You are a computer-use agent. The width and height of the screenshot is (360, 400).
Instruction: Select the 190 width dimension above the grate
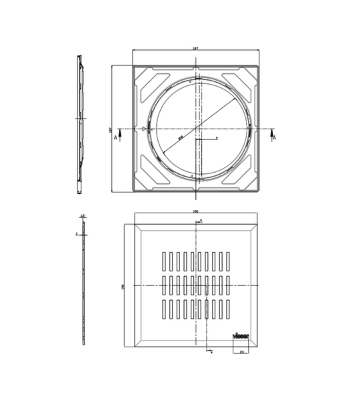[195, 212]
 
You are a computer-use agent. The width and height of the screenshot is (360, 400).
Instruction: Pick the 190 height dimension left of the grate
[122, 286]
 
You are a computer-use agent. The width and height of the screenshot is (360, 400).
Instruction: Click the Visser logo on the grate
[240, 335]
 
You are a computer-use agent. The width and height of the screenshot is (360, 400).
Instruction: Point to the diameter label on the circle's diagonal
[181, 138]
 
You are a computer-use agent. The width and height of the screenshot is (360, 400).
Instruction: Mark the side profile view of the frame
[79, 125]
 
